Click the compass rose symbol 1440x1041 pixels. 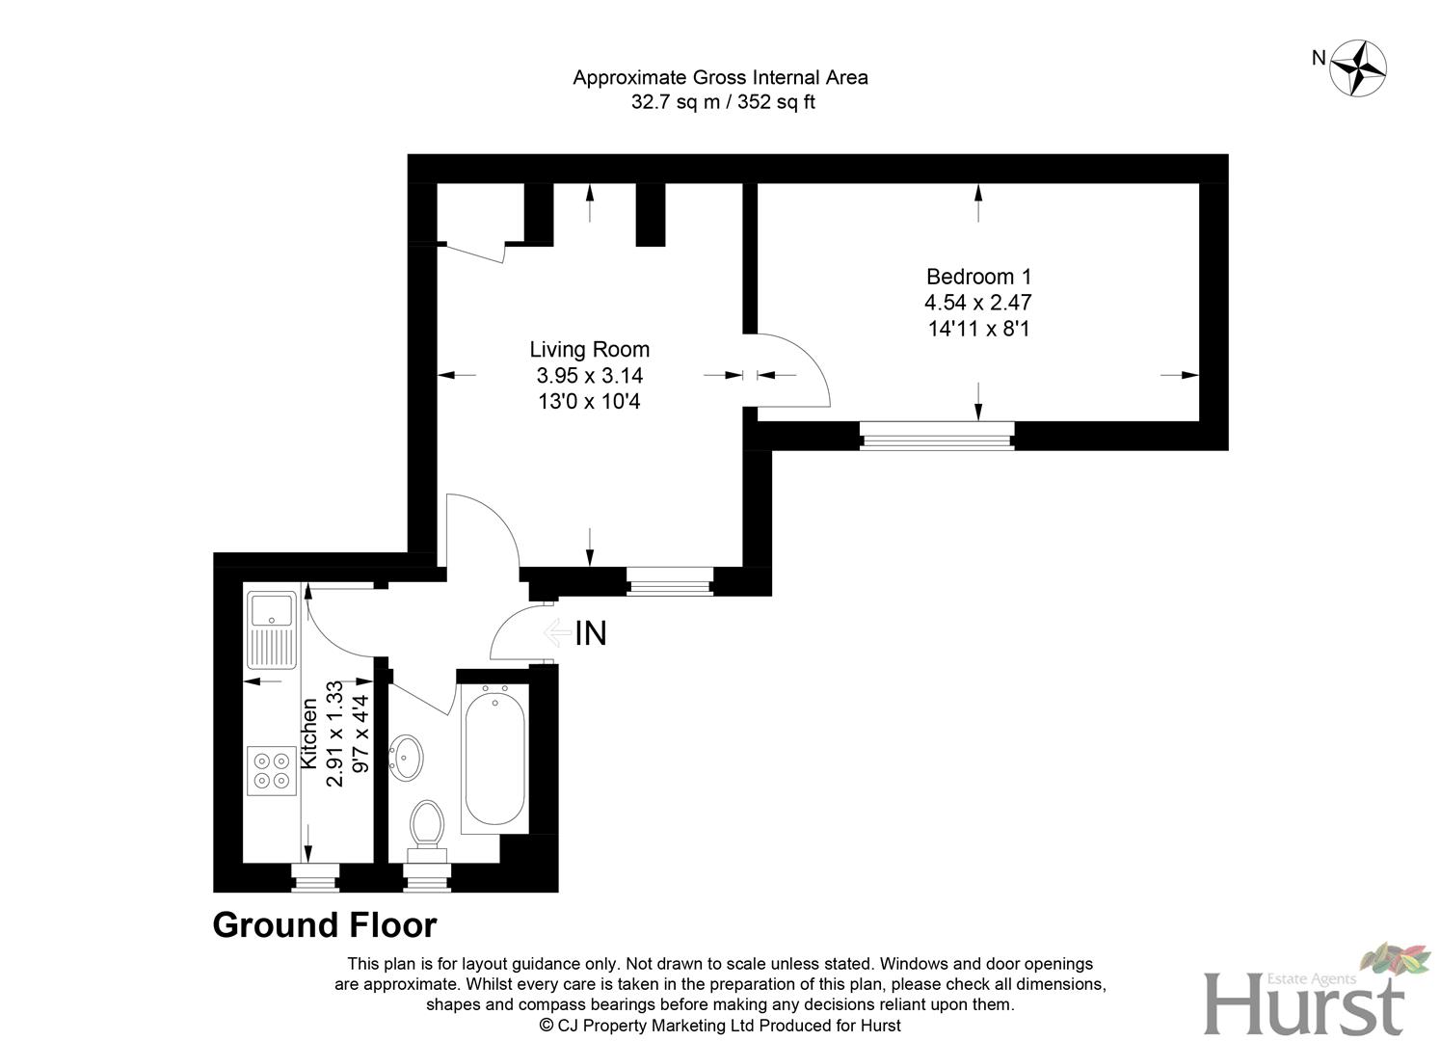click(1358, 67)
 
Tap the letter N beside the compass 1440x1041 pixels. click(1319, 58)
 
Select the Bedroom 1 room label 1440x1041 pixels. click(978, 277)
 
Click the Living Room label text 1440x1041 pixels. click(589, 350)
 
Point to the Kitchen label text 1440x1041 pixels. click(309, 734)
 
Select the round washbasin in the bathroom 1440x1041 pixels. click(406, 757)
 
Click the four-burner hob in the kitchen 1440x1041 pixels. click(271, 770)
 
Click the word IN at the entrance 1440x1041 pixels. click(591, 633)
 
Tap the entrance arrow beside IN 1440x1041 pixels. click(556, 633)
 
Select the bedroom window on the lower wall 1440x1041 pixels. click(937, 437)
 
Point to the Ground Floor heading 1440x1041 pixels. click(325, 925)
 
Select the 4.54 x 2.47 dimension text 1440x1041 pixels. click(978, 303)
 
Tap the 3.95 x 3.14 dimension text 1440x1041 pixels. click(589, 376)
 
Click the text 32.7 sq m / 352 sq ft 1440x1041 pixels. click(722, 102)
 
